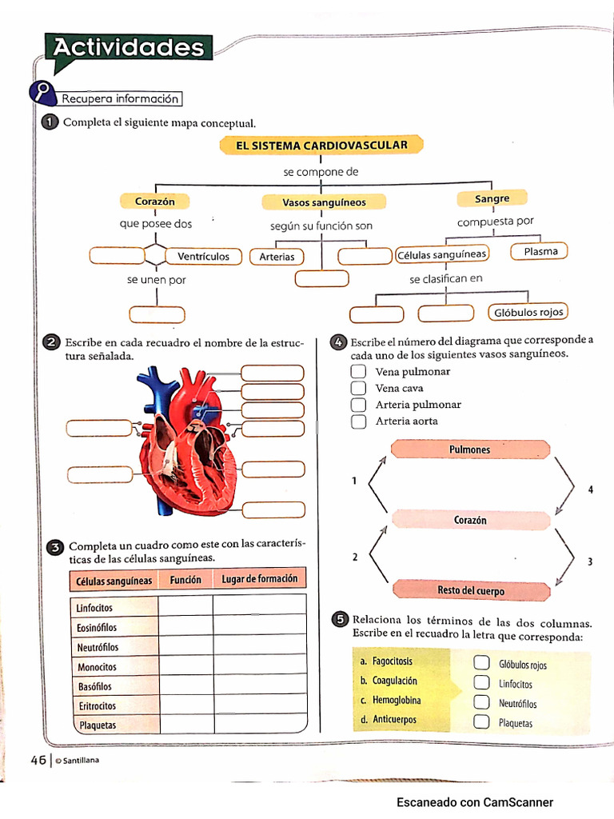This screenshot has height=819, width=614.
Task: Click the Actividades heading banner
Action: coord(129,48)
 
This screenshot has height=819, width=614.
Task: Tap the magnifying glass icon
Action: coord(42,93)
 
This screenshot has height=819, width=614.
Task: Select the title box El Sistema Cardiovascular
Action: coord(321,146)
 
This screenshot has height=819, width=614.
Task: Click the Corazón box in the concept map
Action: coord(155,202)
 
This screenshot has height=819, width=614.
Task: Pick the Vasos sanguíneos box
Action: coord(324,202)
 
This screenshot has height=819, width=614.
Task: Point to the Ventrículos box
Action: coord(203,257)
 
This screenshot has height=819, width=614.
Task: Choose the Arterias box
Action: coord(277,257)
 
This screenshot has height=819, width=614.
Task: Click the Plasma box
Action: coord(540,252)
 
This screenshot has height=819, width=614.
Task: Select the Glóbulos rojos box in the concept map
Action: coord(528,312)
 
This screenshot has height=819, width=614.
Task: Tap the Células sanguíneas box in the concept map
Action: coord(441,254)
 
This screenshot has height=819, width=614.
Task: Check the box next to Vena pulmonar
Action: coord(359,372)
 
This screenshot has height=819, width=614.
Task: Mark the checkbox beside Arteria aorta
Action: coord(359,421)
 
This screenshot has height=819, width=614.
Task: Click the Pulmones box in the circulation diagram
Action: coord(470,449)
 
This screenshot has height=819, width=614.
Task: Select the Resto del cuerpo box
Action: coord(471,590)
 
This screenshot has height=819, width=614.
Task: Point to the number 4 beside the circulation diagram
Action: coord(590,489)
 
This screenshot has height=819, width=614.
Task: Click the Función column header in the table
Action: coord(185,579)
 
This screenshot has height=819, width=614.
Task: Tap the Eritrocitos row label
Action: coord(97,706)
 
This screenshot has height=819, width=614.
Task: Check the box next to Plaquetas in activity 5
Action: coord(481,722)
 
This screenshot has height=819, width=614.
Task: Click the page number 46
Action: coord(38,761)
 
